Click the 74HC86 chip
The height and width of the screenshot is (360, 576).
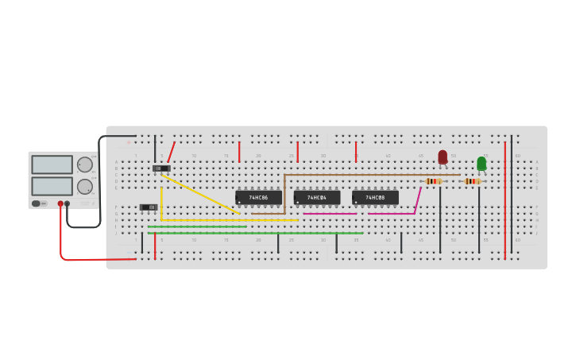258,197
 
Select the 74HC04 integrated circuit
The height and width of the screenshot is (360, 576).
317,197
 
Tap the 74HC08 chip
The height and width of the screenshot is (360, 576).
375,197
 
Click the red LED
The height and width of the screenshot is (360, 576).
443,157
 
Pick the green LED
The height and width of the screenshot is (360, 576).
481,163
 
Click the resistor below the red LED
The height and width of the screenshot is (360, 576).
433,181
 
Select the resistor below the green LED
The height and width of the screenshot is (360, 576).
473,181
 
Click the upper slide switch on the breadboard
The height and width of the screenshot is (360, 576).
161,168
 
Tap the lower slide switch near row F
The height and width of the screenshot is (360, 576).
149,207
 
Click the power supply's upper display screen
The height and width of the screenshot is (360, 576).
52,165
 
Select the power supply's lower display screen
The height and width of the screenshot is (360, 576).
52,186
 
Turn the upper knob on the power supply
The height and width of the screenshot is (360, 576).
84,165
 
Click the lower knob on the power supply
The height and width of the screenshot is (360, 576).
84,187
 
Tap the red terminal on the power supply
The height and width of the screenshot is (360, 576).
60,203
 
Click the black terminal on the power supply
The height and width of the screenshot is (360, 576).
67,203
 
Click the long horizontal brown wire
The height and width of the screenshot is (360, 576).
373,175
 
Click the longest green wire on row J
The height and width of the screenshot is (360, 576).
254,233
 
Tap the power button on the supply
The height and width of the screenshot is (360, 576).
36,203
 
